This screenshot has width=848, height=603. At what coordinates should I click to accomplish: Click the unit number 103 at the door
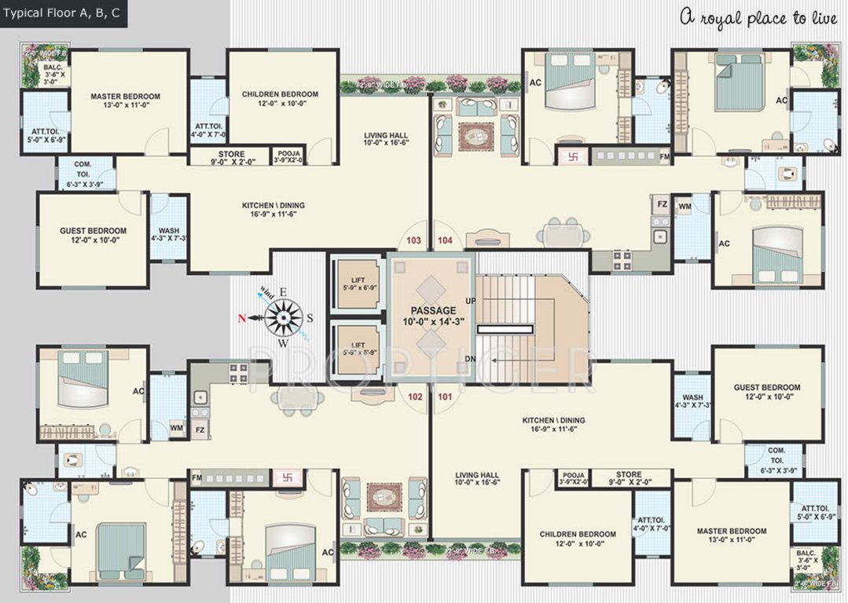click(414, 239)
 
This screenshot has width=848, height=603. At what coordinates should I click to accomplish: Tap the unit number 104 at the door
click(445, 239)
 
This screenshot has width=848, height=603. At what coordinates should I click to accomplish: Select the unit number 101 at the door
click(445, 397)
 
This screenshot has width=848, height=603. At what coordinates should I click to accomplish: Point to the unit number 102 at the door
click(415, 397)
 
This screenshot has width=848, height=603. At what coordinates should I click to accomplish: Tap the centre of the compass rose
click(283, 317)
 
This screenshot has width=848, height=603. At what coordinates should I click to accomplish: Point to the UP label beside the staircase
click(471, 301)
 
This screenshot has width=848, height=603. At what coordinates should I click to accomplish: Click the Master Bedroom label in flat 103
click(125, 97)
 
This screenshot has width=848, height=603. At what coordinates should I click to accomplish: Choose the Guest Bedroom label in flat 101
click(767, 387)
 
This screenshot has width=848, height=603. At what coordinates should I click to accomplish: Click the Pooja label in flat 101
click(573, 475)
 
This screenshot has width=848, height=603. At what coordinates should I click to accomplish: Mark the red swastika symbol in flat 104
click(571, 155)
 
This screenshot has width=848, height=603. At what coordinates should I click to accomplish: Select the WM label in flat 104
click(684, 206)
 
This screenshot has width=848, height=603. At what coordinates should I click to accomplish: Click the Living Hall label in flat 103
click(385, 136)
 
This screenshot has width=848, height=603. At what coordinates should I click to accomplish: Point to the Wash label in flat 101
click(692, 397)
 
